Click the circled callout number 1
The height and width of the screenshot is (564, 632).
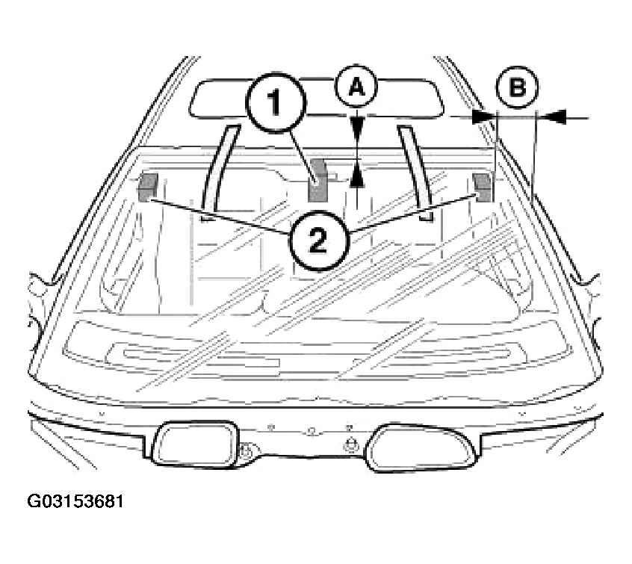tap(276, 103)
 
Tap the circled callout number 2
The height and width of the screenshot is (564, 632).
tap(318, 241)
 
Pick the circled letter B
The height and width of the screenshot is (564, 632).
tap(517, 87)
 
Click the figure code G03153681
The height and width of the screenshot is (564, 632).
tap(75, 501)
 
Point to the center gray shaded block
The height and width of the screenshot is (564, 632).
tap(317, 181)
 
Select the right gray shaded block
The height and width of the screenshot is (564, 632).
tap(483, 187)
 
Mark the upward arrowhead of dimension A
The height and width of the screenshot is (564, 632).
tap(357, 177)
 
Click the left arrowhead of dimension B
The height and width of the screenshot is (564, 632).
tap(483, 117)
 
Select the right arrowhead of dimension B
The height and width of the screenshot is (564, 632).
tap(553, 117)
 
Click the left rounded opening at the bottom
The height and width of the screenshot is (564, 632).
tap(193, 444)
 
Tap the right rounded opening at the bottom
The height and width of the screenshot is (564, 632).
tap(421, 447)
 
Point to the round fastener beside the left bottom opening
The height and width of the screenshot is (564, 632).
tap(247, 450)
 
